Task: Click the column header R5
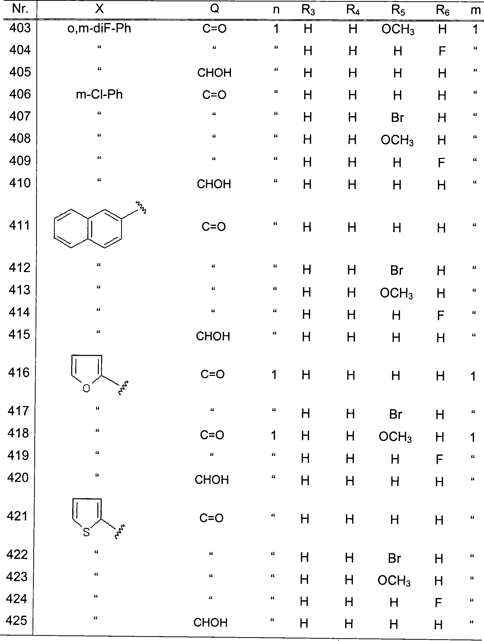[398, 10]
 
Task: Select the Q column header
[214, 9]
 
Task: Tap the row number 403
[20, 28]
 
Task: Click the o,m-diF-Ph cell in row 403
[99, 29]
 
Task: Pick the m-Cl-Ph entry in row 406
[99, 95]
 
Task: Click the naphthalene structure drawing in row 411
[93, 227]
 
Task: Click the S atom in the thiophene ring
[86, 532]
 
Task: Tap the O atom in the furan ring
[86, 388]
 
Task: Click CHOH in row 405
[214, 73]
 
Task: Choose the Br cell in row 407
[397, 118]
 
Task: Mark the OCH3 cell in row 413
[396, 293]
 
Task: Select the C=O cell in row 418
[212, 435]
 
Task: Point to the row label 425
[17, 621]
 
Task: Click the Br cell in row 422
[394, 558]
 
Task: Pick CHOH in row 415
[213, 336]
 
